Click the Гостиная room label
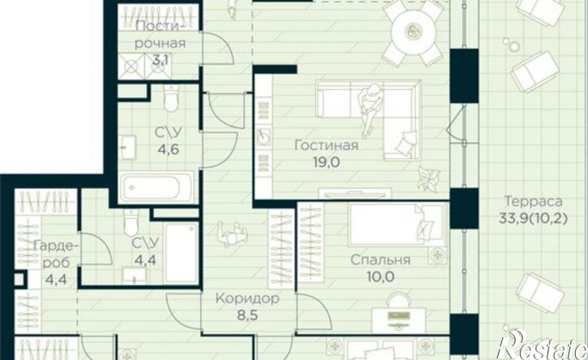tap(326, 145)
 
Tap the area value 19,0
tap(326, 162)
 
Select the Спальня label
tap(380, 260)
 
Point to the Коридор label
tap(247, 299)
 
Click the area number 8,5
tap(247, 315)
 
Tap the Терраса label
tap(533, 201)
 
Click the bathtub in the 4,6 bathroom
tap(157, 187)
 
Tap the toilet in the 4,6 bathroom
tap(171, 98)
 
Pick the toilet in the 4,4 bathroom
tap(131, 222)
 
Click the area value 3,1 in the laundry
tap(161, 60)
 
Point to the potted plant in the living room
tap(428, 178)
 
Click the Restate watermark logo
tap(543, 345)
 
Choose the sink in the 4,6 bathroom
tap(128, 148)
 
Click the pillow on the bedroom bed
tap(425, 227)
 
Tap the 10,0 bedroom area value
tap(380, 276)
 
